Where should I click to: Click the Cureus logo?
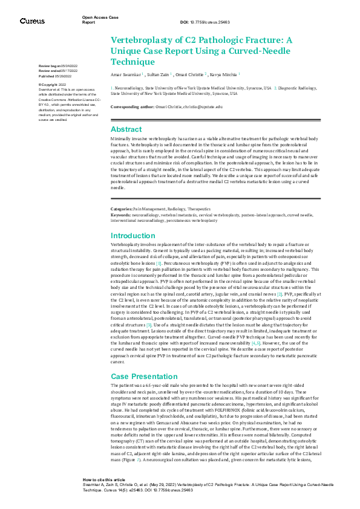click(x=32, y=21)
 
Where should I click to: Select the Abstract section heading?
click(x=126, y=129)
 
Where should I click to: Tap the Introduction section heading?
click(x=133, y=235)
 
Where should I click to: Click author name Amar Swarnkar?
click(x=125, y=74)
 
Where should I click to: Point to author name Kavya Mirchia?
click(x=225, y=74)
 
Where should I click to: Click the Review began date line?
click(x=58, y=65)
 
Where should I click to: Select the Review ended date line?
click(x=58, y=71)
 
